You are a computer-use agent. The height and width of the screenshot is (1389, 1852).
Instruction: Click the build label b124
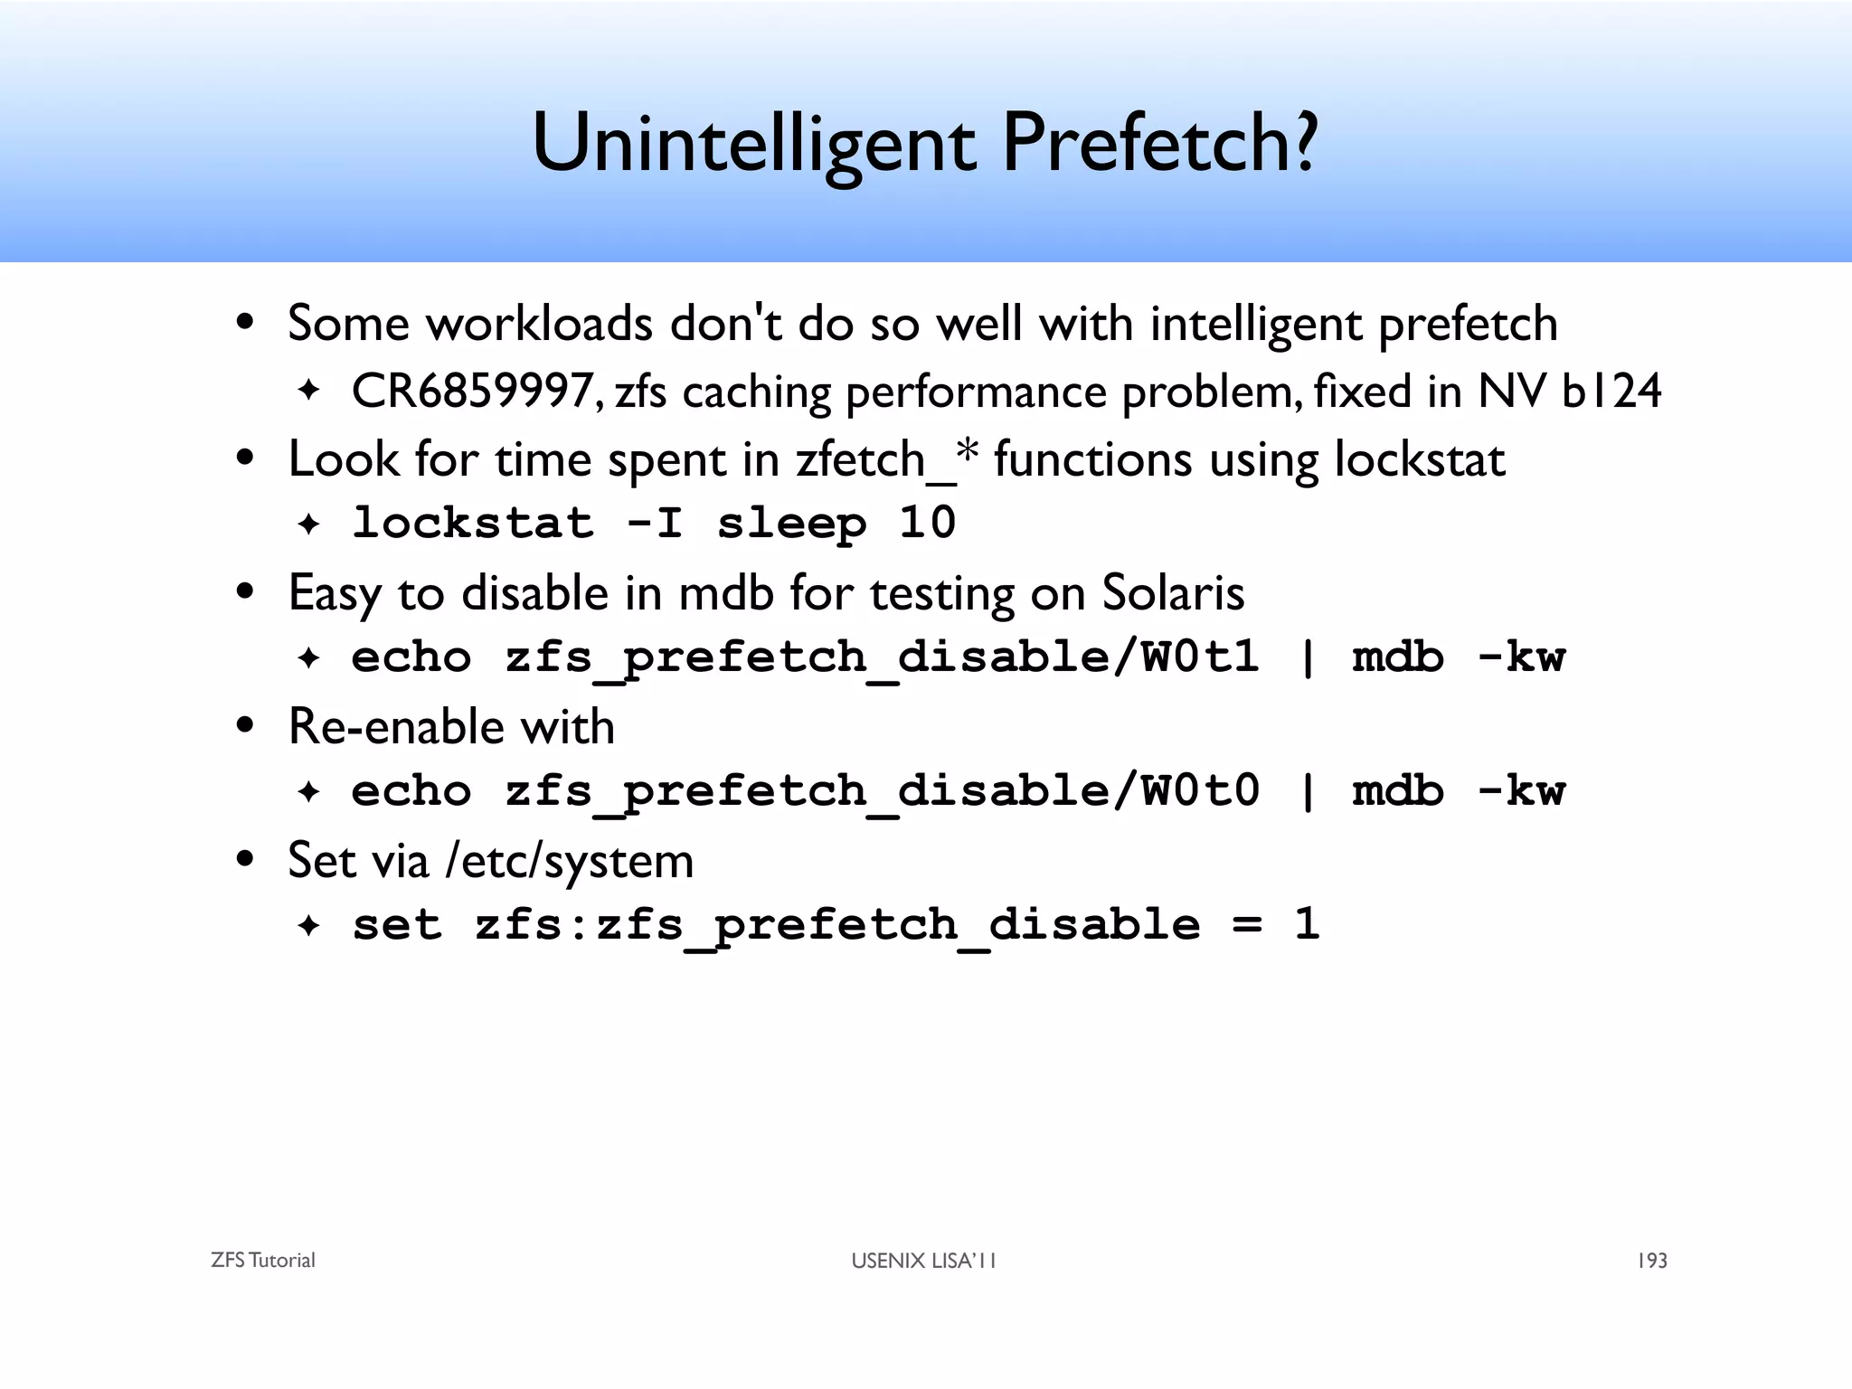click(1611, 392)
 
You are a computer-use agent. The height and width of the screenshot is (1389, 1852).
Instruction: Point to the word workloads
click(539, 324)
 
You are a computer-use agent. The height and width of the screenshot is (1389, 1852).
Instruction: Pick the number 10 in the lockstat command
click(927, 524)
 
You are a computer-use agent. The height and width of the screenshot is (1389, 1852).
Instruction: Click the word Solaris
click(1173, 594)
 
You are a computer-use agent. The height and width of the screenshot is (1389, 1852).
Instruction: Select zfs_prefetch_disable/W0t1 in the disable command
click(882, 657)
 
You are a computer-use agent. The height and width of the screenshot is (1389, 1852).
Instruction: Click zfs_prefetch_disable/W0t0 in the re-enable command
click(882, 791)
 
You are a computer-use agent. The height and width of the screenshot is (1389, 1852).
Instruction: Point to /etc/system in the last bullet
click(570, 861)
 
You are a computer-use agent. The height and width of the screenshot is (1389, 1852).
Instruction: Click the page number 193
click(1651, 1261)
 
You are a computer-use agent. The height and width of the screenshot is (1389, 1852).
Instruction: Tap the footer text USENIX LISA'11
click(923, 1261)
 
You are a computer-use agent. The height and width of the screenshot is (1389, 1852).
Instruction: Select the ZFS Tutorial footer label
click(262, 1261)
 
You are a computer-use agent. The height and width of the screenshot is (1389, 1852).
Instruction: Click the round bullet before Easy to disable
click(245, 593)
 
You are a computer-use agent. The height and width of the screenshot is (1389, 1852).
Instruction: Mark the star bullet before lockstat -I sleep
click(309, 524)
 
